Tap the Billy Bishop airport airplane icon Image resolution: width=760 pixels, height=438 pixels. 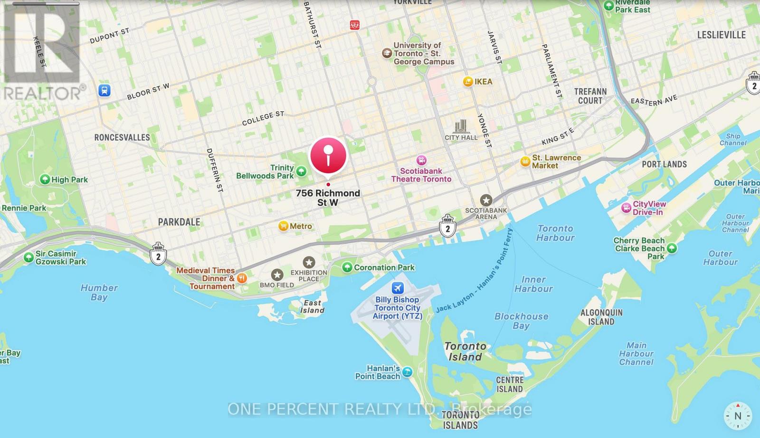[x=398, y=288]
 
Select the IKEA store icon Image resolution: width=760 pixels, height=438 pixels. [x=468, y=82]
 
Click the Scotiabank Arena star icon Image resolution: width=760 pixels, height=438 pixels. [x=485, y=200]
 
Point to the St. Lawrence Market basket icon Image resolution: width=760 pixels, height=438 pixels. [x=525, y=162]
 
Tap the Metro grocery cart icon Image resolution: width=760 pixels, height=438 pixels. [x=284, y=226]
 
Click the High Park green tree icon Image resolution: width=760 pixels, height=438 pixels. [x=45, y=180]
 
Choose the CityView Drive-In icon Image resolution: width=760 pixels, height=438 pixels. [x=626, y=208]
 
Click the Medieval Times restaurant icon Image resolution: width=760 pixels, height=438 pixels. [x=242, y=278]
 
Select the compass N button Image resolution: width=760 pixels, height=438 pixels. [x=738, y=416]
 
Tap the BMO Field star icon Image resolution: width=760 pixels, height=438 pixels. [x=277, y=275]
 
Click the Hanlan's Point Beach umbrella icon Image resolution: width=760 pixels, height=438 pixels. [x=407, y=372]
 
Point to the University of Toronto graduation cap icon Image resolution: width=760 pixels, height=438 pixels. [x=387, y=53]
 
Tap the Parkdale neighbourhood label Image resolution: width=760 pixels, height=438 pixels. [x=179, y=222]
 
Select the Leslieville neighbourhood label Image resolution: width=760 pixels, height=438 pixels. [x=721, y=35]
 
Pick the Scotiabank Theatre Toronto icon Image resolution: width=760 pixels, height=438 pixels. [x=421, y=161]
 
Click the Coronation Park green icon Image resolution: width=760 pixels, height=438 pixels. [x=347, y=267]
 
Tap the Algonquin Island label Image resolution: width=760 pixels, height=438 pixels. [x=601, y=317]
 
